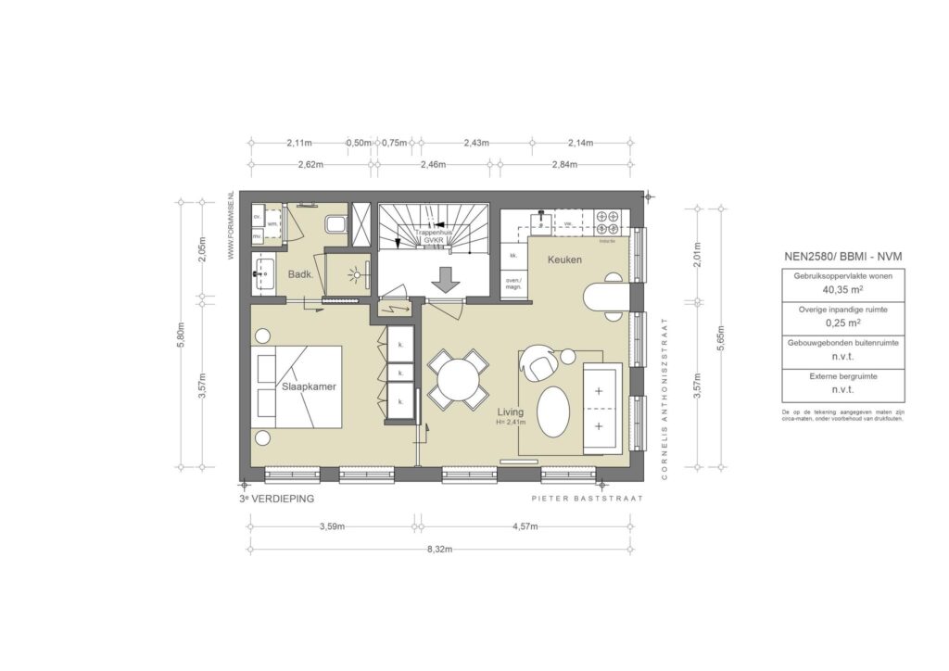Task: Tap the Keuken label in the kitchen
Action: (x=564, y=260)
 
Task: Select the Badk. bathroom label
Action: (x=299, y=274)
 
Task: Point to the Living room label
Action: (x=511, y=412)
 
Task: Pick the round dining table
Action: (x=458, y=379)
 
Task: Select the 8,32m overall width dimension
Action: (x=439, y=549)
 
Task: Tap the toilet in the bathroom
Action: (x=335, y=224)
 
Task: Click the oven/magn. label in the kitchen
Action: (x=513, y=283)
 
